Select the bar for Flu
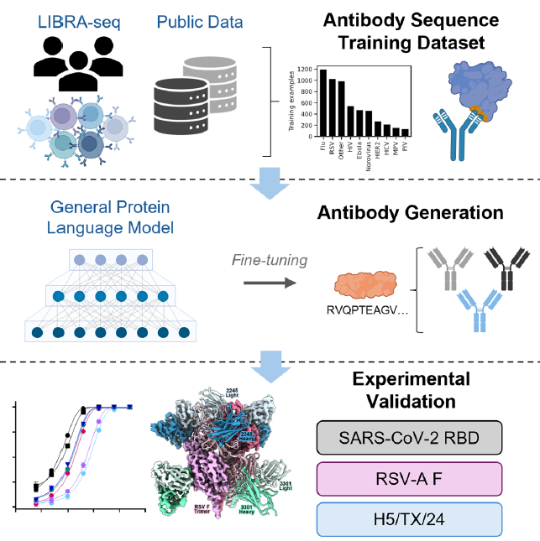(x=323, y=103)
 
